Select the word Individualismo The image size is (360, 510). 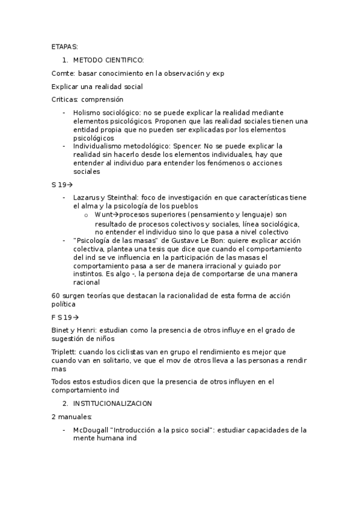point(99,146)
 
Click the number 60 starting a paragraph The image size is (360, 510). point(56,295)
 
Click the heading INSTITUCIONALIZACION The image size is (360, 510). point(112,403)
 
